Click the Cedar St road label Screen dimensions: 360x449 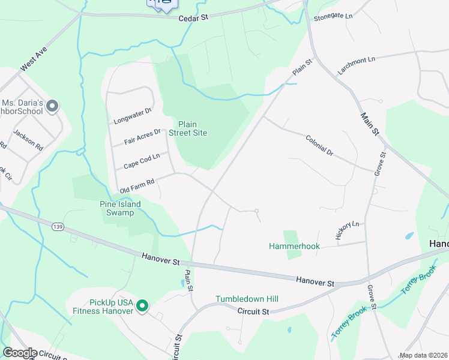(x=193, y=18)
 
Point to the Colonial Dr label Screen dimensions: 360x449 (x=319, y=145)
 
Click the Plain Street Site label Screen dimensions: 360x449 (x=188, y=128)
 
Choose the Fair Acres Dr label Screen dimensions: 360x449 (x=142, y=137)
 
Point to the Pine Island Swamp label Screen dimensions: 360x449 (x=120, y=208)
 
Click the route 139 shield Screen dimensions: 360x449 (x=58, y=226)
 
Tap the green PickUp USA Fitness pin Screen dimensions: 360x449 (x=142, y=306)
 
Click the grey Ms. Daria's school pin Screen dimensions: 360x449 (x=52, y=107)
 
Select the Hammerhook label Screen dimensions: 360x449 (x=294, y=246)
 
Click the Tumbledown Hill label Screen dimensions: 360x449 (x=247, y=299)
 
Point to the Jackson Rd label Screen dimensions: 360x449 (x=28, y=140)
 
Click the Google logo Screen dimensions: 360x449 (x=19, y=353)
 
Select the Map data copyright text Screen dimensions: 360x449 (x=423, y=355)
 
